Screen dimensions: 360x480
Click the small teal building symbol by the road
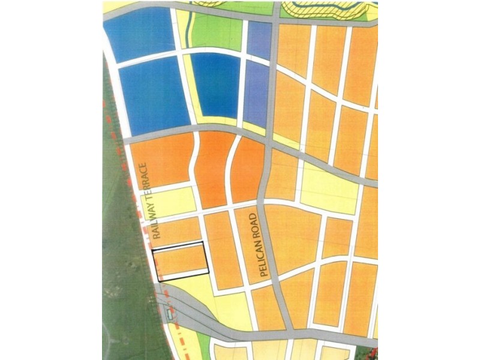click(x=170, y=313)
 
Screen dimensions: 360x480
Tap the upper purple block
click(x=259, y=38)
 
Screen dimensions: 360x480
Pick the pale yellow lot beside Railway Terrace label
click(x=174, y=201)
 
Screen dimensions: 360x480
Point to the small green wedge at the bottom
click(x=204, y=344)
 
